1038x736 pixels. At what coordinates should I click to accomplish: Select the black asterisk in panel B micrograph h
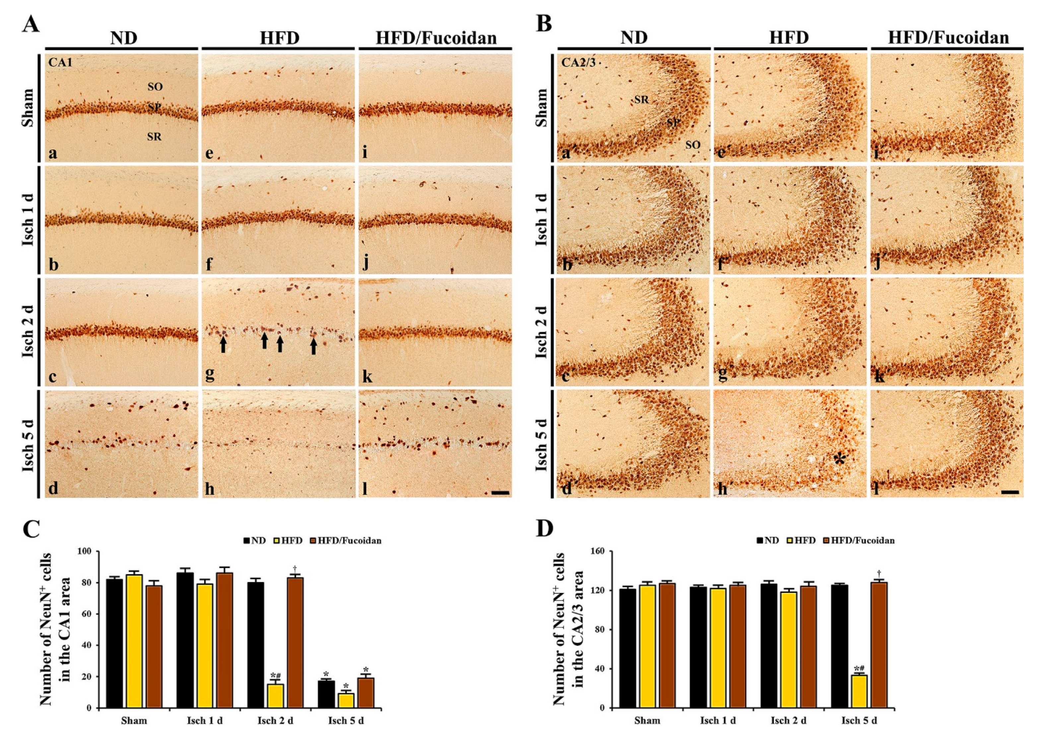tap(839, 460)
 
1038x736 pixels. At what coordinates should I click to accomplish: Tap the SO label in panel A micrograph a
tap(155, 87)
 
